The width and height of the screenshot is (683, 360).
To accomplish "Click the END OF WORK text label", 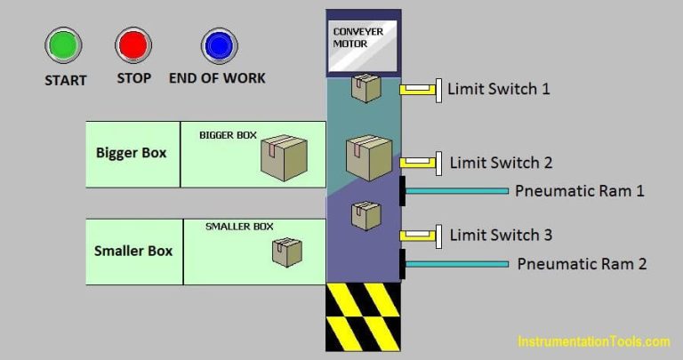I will click(x=217, y=78).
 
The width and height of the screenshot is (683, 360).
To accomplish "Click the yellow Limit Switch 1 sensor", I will click(x=419, y=89).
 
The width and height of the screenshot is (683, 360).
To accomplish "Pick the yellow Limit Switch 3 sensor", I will click(x=419, y=236).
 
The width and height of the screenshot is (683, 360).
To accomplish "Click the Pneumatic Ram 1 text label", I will click(x=579, y=190).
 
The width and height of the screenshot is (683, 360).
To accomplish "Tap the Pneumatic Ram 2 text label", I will click(x=582, y=263).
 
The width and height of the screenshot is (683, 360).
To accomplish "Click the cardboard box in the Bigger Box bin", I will click(x=284, y=157).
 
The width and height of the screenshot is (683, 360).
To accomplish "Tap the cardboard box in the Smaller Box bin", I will click(x=286, y=252).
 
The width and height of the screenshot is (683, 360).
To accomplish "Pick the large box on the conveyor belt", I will click(x=368, y=157).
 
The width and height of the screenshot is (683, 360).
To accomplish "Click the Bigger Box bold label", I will click(x=132, y=152).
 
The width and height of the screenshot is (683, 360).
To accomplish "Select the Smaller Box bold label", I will click(x=133, y=251).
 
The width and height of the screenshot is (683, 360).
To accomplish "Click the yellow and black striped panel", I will click(x=363, y=316).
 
